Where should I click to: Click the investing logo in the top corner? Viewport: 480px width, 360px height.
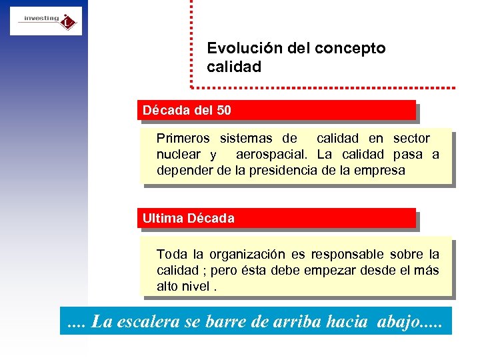[x=46, y=21]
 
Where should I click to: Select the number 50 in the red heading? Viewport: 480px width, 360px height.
[x=223, y=110]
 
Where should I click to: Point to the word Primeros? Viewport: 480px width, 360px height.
[x=183, y=139]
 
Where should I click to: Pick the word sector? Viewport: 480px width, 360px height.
[x=411, y=139]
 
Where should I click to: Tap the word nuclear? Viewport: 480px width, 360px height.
[x=179, y=155]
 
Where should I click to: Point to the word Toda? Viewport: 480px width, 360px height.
[x=172, y=254]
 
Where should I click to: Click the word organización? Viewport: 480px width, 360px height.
[x=247, y=255]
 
